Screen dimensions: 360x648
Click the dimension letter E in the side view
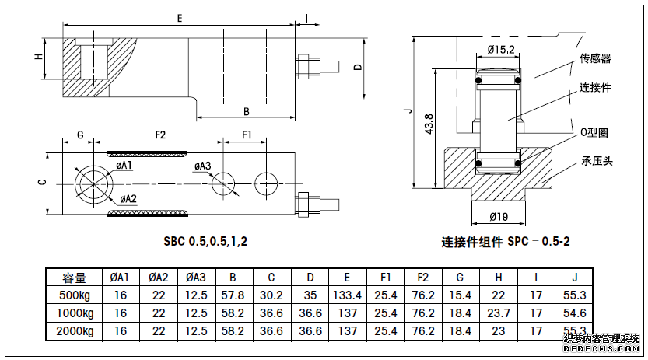tap(180, 16)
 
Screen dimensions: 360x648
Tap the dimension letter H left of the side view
tap(37, 57)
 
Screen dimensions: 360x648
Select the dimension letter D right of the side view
tap(357, 67)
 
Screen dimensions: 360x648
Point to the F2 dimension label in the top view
tap(160, 135)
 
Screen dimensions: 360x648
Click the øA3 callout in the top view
tap(202, 166)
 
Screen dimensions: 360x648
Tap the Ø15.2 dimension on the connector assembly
tap(501, 50)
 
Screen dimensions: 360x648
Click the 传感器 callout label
tap(595, 58)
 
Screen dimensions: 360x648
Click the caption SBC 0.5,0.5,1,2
tap(205, 241)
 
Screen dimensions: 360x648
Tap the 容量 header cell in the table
tap(81, 277)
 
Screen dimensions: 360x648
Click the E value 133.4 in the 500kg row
tap(347, 295)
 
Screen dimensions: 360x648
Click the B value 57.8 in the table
tap(233, 295)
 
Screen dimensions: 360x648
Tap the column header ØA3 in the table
tap(196, 277)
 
